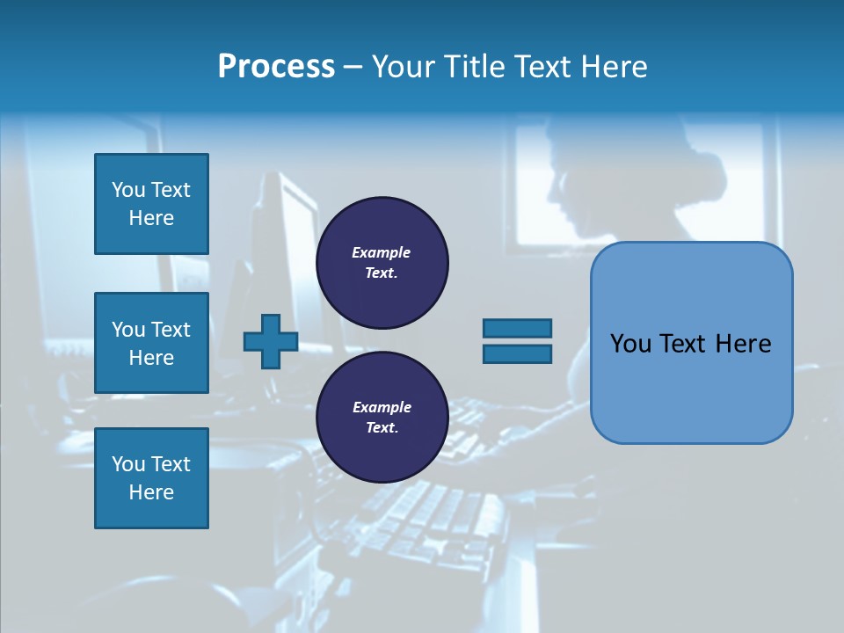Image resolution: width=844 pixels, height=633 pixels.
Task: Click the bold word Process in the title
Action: point(276,66)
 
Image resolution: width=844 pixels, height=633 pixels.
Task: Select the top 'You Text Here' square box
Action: point(151,204)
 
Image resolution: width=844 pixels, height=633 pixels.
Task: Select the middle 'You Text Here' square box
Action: point(151,343)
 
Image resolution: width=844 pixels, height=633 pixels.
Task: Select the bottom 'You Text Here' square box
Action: point(151,478)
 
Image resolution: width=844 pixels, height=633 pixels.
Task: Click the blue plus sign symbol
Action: point(271,341)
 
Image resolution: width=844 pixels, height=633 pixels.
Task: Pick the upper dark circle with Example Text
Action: point(382,262)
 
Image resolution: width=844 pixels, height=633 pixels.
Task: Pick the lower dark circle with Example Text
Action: point(382,417)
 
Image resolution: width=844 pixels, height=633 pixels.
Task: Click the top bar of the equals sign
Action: point(517,328)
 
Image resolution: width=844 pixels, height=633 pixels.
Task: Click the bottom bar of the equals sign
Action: point(517,353)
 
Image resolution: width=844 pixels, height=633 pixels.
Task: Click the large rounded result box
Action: point(691,387)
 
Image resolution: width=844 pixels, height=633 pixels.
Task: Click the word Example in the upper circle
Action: point(382,252)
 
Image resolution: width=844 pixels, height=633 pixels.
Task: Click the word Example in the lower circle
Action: point(382,407)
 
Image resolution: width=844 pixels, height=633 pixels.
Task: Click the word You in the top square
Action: point(128,190)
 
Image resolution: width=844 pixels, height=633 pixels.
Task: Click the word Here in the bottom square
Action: point(151,492)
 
